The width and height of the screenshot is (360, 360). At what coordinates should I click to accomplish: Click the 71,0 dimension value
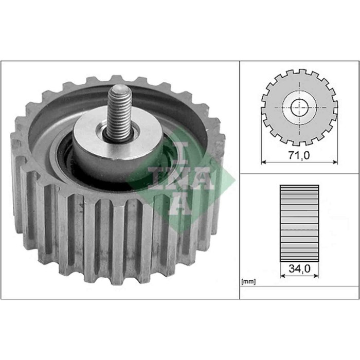[300, 154]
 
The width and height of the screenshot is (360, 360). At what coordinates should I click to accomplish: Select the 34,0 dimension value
[299, 268]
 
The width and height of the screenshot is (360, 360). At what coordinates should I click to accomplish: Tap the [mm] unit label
[248, 282]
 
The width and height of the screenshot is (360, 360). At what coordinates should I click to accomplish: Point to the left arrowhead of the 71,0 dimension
[264, 161]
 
